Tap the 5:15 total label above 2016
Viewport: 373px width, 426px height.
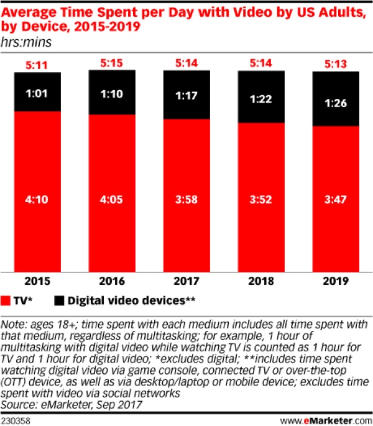point(112,62)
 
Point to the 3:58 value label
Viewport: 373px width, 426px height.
point(186,200)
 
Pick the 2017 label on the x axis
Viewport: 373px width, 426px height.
point(186,280)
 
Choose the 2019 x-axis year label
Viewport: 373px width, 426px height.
point(336,280)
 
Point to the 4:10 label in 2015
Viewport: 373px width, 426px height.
point(37,200)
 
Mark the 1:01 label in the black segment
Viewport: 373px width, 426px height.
point(37,93)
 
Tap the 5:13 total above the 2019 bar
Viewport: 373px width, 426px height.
point(336,63)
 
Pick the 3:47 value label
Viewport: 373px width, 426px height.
point(336,200)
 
